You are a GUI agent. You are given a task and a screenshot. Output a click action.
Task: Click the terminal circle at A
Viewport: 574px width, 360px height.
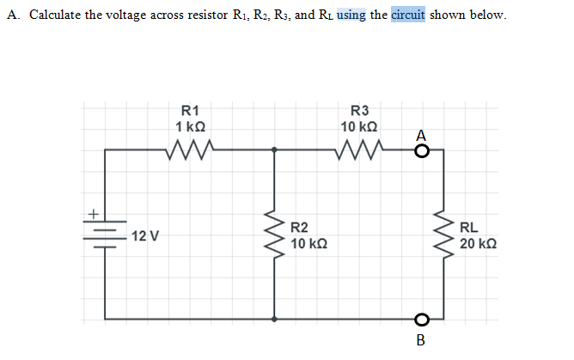coord(421,151)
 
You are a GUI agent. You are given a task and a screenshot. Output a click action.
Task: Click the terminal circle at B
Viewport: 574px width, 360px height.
coord(421,319)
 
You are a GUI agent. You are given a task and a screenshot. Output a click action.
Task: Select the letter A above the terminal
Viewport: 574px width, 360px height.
coord(420,134)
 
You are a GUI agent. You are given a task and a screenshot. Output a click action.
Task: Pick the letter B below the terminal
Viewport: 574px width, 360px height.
coord(420,340)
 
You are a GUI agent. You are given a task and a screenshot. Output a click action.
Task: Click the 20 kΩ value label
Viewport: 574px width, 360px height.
coord(478,245)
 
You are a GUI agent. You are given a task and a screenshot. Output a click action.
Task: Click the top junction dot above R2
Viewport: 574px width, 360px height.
coord(275,150)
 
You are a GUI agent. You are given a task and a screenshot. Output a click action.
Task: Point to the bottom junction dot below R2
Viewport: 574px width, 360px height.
coord(275,319)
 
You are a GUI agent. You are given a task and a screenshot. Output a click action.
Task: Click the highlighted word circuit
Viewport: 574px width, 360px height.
coord(409,15)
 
